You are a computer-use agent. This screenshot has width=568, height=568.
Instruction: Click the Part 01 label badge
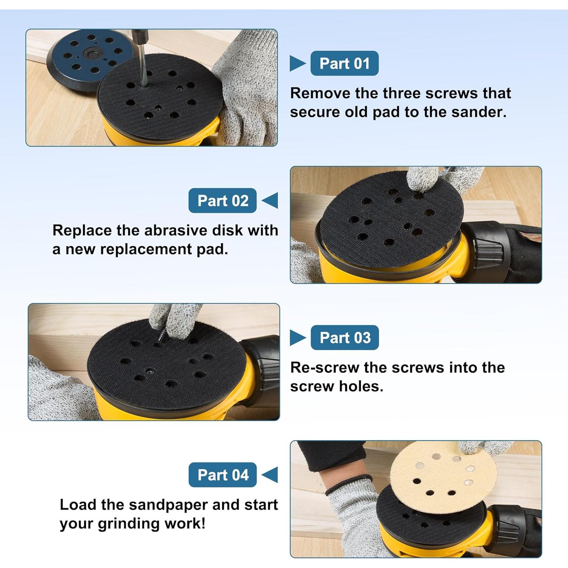pyautogui.click(x=344, y=63)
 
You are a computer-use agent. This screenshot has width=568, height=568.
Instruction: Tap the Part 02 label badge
pyautogui.click(x=223, y=200)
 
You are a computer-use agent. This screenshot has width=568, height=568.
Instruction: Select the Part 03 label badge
pyautogui.click(x=345, y=337)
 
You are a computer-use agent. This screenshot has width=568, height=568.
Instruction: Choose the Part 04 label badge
pyautogui.click(x=223, y=474)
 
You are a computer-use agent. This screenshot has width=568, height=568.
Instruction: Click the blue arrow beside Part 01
pyautogui.click(x=297, y=63)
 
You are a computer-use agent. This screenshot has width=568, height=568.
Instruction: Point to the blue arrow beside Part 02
pyautogui.click(x=270, y=200)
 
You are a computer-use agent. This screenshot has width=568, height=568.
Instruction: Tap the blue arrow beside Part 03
pyautogui.click(x=298, y=337)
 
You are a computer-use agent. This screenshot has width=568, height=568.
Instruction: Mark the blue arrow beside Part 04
pyautogui.click(x=270, y=474)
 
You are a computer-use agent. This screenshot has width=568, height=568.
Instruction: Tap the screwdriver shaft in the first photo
pyautogui.click(x=142, y=64)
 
